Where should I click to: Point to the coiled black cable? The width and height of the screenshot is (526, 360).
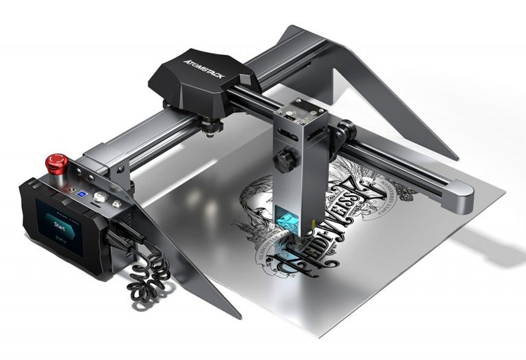point(148,277)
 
